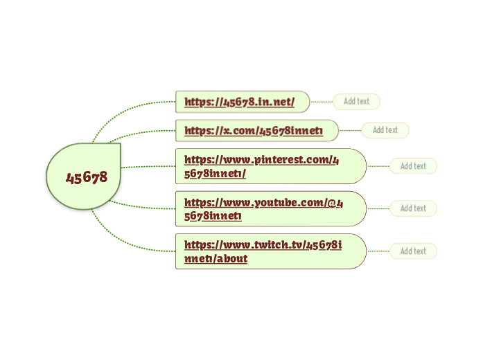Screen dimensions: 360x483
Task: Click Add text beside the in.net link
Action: [356, 101]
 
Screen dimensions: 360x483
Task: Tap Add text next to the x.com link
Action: [385, 130]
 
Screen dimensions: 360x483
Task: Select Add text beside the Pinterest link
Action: [413, 166]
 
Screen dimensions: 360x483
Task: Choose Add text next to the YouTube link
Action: [413, 208]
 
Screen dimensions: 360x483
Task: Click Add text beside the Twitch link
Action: [413, 251]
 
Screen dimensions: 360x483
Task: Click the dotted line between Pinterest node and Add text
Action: [378, 166]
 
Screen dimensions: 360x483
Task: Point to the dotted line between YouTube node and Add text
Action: [378, 208]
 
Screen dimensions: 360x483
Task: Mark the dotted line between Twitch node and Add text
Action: [378, 251]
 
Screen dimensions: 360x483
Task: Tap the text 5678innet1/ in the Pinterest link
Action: [216, 174]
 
